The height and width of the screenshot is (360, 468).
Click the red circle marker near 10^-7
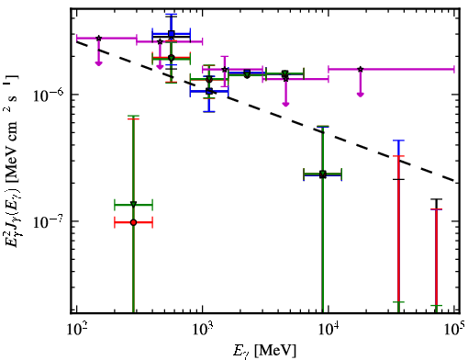(x=133, y=222)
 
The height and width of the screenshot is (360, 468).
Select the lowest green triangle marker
(x=133, y=204)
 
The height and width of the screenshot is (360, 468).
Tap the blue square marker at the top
(x=172, y=34)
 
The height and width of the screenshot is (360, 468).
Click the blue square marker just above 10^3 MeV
(x=209, y=91)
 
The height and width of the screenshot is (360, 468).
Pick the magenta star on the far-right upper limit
(x=361, y=69)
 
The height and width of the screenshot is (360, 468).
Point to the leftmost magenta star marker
(x=98, y=39)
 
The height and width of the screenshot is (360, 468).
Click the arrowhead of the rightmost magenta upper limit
(x=361, y=95)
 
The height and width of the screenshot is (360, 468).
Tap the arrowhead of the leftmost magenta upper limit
(x=98, y=63)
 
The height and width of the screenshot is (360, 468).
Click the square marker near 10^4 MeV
(x=322, y=174)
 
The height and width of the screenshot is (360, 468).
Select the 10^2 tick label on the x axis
(x=76, y=331)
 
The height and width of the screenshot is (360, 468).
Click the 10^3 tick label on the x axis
(x=203, y=331)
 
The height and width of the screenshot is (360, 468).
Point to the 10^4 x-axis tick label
(x=329, y=331)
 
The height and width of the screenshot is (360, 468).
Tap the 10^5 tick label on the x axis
(x=454, y=330)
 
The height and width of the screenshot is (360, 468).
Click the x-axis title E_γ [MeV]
(x=264, y=351)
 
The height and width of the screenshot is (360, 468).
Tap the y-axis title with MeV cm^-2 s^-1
(x=12, y=160)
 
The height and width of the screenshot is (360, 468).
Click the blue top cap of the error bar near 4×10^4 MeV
(x=398, y=141)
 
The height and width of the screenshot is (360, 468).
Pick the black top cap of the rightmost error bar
(x=437, y=199)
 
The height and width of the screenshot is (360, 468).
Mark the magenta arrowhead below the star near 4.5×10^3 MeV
(x=285, y=104)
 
